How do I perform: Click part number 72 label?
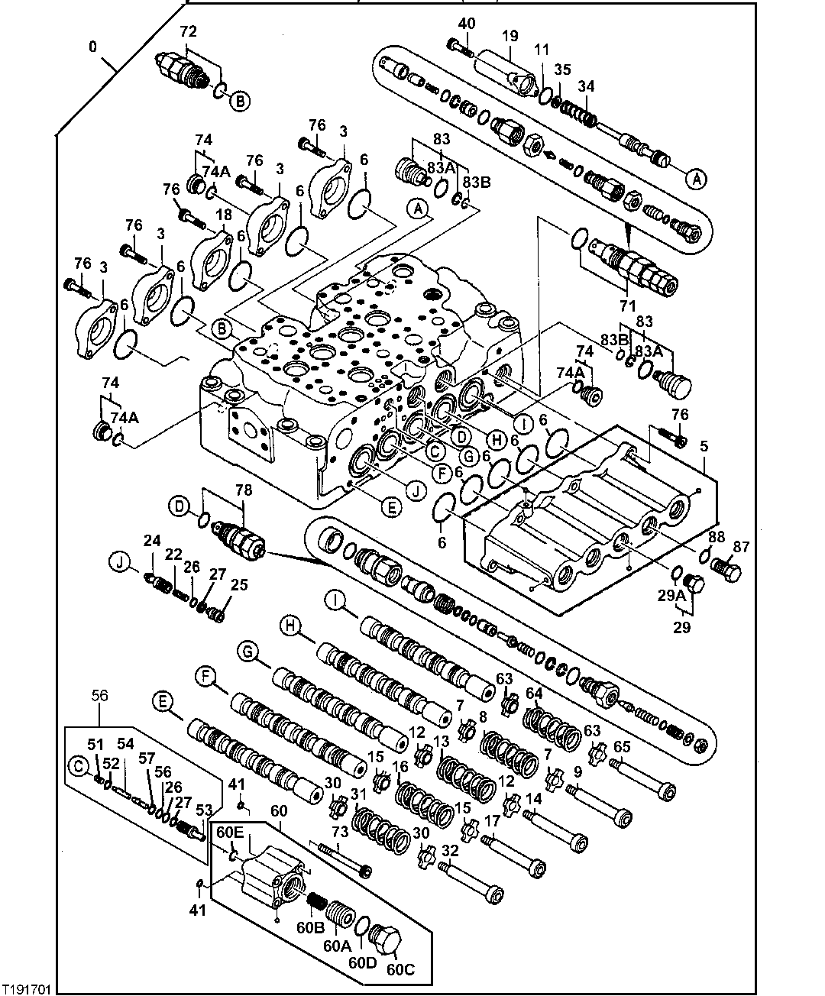point(188,31)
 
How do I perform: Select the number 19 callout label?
point(510,36)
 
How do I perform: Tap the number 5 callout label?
point(704,445)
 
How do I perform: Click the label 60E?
point(230,831)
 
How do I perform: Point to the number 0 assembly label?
point(92,47)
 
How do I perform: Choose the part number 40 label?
point(466,24)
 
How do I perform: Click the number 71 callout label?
point(627,306)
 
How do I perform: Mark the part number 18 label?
point(223,216)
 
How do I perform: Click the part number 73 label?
point(339,831)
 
